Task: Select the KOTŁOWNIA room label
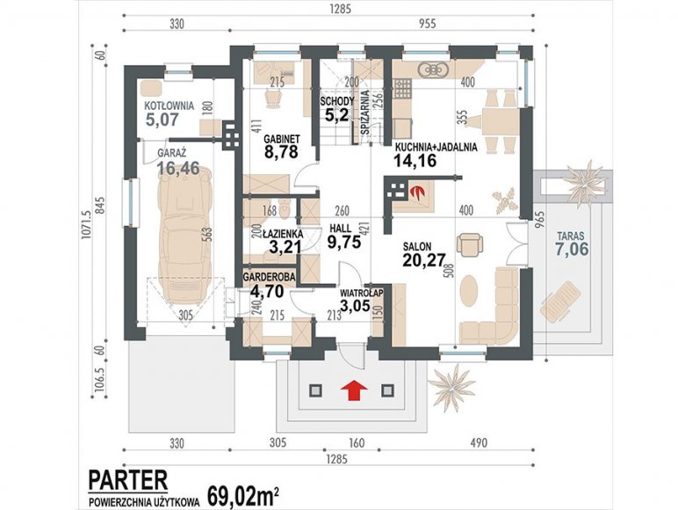pos(169,106)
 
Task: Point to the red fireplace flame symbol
pos(417,191)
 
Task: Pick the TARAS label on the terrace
pos(570,237)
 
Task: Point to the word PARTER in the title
pos(128,480)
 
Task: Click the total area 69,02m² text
pos(242,497)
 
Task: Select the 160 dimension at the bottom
pos(357,443)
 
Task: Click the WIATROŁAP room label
pos(362,293)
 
